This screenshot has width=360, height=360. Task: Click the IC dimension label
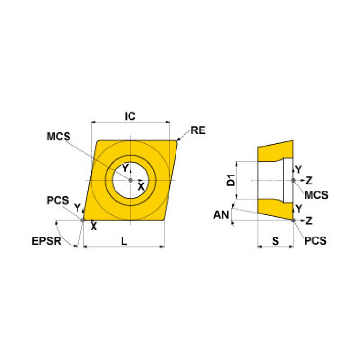[x=130, y=116]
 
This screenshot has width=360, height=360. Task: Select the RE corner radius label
[x=198, y=130]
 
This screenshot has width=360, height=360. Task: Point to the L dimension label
[x=123, y=241]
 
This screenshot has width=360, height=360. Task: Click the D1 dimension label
[x=230, y=180]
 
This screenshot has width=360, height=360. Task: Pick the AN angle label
[x=221, y=215]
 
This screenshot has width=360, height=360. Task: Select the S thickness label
[x=276, y=241]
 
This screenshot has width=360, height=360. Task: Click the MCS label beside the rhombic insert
[x=59, y=137]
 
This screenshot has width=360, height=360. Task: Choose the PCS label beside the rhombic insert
[x=58, y=200]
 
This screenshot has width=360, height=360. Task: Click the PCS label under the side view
[x=315, y=241]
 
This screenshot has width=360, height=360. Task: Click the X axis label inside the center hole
[x=141, y=187]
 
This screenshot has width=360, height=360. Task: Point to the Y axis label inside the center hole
[x=125, y=169]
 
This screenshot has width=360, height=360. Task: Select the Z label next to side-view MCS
[x=309, y=180]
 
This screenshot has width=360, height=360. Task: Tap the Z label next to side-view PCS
[x=309, y=220]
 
